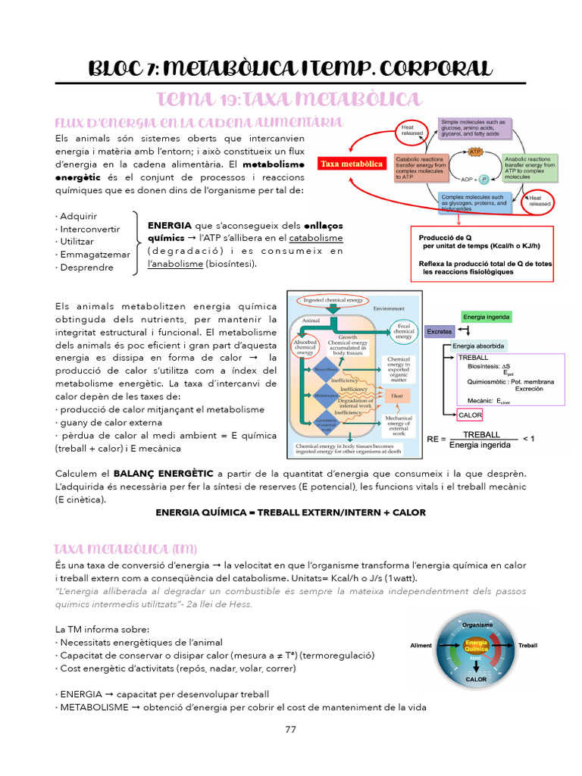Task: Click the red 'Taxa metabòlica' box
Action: tap(351, 164)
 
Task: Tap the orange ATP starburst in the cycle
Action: tap(476, 152)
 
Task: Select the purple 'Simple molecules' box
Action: tap(477, 129)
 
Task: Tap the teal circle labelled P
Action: tap(483, 180)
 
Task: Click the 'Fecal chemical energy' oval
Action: tap(403, 330)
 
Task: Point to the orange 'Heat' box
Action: tap(396, 395)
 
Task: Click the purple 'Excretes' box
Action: tap(440, 331)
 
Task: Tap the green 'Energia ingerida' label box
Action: tap(486, 316)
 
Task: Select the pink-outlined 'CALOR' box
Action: tap(471, 415)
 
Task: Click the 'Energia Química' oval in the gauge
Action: tap(476, 646)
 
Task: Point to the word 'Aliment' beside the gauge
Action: tap(421, 646)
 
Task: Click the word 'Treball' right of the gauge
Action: tap(527, 646)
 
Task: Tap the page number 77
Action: tap(290, 730)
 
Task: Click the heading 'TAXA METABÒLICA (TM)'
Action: tap(125, 548)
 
